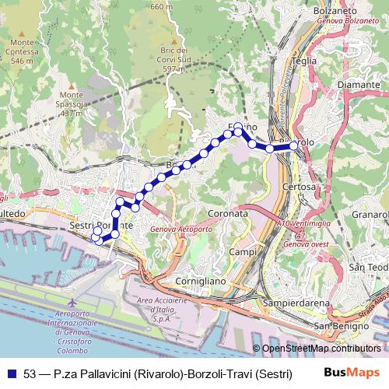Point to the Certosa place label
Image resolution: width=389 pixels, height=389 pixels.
[x=300, y=187]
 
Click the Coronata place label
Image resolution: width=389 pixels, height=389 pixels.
[x=229, y=212]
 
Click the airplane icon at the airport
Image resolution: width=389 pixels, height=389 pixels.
[x=72, y=301]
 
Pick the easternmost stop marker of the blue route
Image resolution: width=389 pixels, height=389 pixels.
[x=293, y=145]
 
